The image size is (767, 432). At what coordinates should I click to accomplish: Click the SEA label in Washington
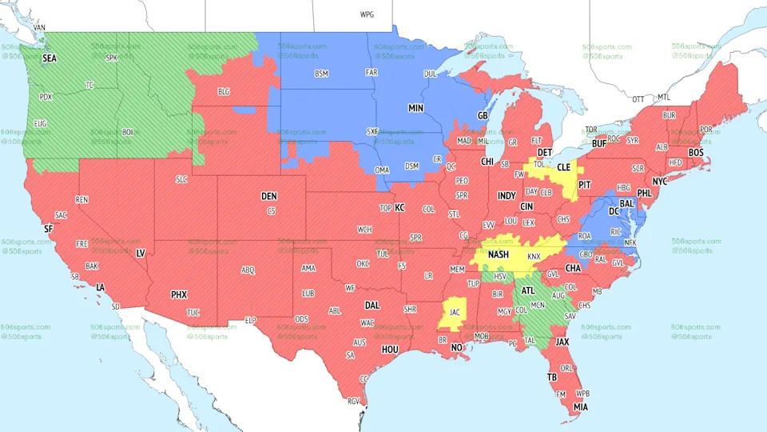50,58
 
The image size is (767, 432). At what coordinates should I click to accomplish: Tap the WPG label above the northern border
367,14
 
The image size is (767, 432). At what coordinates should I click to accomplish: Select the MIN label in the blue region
416,107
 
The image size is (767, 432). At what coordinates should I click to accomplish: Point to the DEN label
269,196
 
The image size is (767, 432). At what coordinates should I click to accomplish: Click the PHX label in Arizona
179,294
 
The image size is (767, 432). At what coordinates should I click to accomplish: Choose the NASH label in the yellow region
499,254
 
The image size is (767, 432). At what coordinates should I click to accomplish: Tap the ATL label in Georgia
528,291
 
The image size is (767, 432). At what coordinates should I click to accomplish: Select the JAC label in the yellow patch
454,312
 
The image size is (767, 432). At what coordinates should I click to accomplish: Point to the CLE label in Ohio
563,168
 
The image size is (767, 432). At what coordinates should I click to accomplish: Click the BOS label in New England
696,152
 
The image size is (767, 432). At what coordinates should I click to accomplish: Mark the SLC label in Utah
181,179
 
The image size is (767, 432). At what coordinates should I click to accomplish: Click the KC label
399,208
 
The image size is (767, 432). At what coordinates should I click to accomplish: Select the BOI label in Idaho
128,132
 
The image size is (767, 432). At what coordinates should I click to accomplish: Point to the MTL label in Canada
663,98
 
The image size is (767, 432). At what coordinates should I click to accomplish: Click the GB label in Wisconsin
483,115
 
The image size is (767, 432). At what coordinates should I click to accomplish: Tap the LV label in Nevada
141,253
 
